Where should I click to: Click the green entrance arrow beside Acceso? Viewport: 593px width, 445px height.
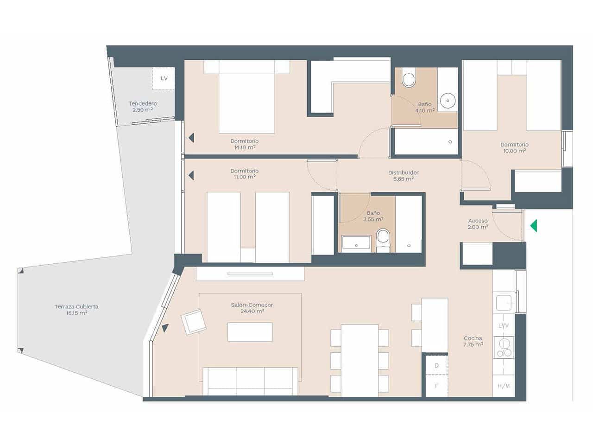534,226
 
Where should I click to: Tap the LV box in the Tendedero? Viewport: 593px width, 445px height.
164,78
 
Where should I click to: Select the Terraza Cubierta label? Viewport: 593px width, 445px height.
76,310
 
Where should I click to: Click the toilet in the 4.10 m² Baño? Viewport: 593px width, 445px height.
409,79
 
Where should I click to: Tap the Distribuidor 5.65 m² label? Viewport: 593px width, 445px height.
403,176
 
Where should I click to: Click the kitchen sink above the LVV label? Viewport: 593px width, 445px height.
504,303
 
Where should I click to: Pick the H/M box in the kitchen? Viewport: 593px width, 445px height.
504,386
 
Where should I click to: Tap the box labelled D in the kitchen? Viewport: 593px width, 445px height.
436,366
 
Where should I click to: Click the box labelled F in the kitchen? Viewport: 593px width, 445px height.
436,386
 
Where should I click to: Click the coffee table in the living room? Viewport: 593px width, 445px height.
250,332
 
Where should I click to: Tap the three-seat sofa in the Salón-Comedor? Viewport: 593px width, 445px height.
251,381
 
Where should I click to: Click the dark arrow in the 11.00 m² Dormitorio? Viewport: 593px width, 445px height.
191,175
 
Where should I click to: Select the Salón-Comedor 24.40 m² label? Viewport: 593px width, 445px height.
252,308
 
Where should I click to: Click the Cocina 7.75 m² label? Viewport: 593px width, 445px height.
473,342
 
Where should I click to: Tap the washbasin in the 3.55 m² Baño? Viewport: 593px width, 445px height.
356,243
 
